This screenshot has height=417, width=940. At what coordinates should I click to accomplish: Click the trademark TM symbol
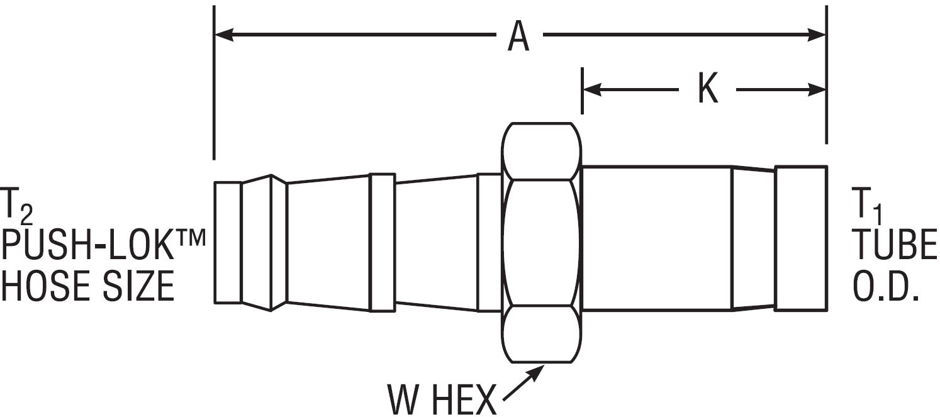[191, 238]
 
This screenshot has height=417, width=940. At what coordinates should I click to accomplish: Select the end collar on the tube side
[800, 238]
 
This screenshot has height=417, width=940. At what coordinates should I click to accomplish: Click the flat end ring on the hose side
[228, 242]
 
